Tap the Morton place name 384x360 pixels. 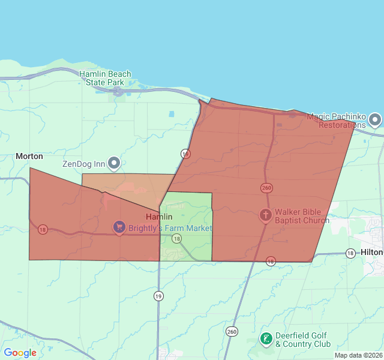click(29, 156)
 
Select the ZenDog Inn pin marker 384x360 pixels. click(114, 163)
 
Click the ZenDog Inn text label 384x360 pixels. click(83, 164)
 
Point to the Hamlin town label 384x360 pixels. click(159, 217)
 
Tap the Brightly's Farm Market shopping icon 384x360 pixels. click(119, 228)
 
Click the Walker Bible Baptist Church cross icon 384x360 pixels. click(265, 215)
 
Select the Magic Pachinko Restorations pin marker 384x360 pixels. click(375, 120)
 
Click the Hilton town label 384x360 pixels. click(372, 253)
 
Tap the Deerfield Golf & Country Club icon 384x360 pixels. click(266, 340)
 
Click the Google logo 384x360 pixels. click(20, 353)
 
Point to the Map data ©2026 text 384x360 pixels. click(358, 355)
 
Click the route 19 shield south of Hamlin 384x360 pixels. click(158, 295)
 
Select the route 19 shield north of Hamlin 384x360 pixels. click(185, 154)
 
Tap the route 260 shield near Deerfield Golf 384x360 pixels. click(232, 331)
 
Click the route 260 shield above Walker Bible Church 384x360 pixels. click(266, 188)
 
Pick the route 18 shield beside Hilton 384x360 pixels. click(350, 253)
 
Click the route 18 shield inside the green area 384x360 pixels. click(176, 239)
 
